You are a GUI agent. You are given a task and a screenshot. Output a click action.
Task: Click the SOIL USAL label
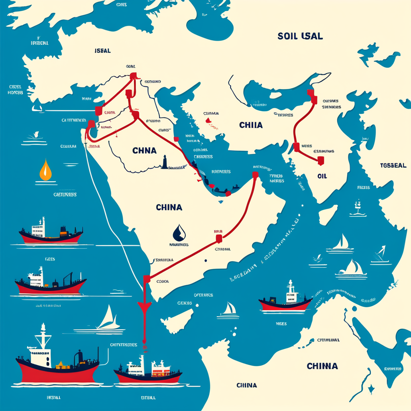[300, 36]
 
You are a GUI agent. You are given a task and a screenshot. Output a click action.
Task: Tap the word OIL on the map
[323, 176]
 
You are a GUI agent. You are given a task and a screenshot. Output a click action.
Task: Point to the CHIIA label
[251, 125]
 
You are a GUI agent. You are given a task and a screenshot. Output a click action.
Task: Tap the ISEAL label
[103, 51]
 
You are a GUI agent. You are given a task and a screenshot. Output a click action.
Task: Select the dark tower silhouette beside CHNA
[164, 162]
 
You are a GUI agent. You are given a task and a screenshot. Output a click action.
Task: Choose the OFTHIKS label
[203, 295]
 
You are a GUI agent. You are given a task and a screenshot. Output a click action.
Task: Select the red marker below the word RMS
[219, 239]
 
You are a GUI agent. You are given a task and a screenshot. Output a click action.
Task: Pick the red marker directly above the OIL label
[320, 161]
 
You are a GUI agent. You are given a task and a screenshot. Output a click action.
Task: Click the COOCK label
[163, 281]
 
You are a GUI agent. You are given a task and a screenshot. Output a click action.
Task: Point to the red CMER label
[109, 113]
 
